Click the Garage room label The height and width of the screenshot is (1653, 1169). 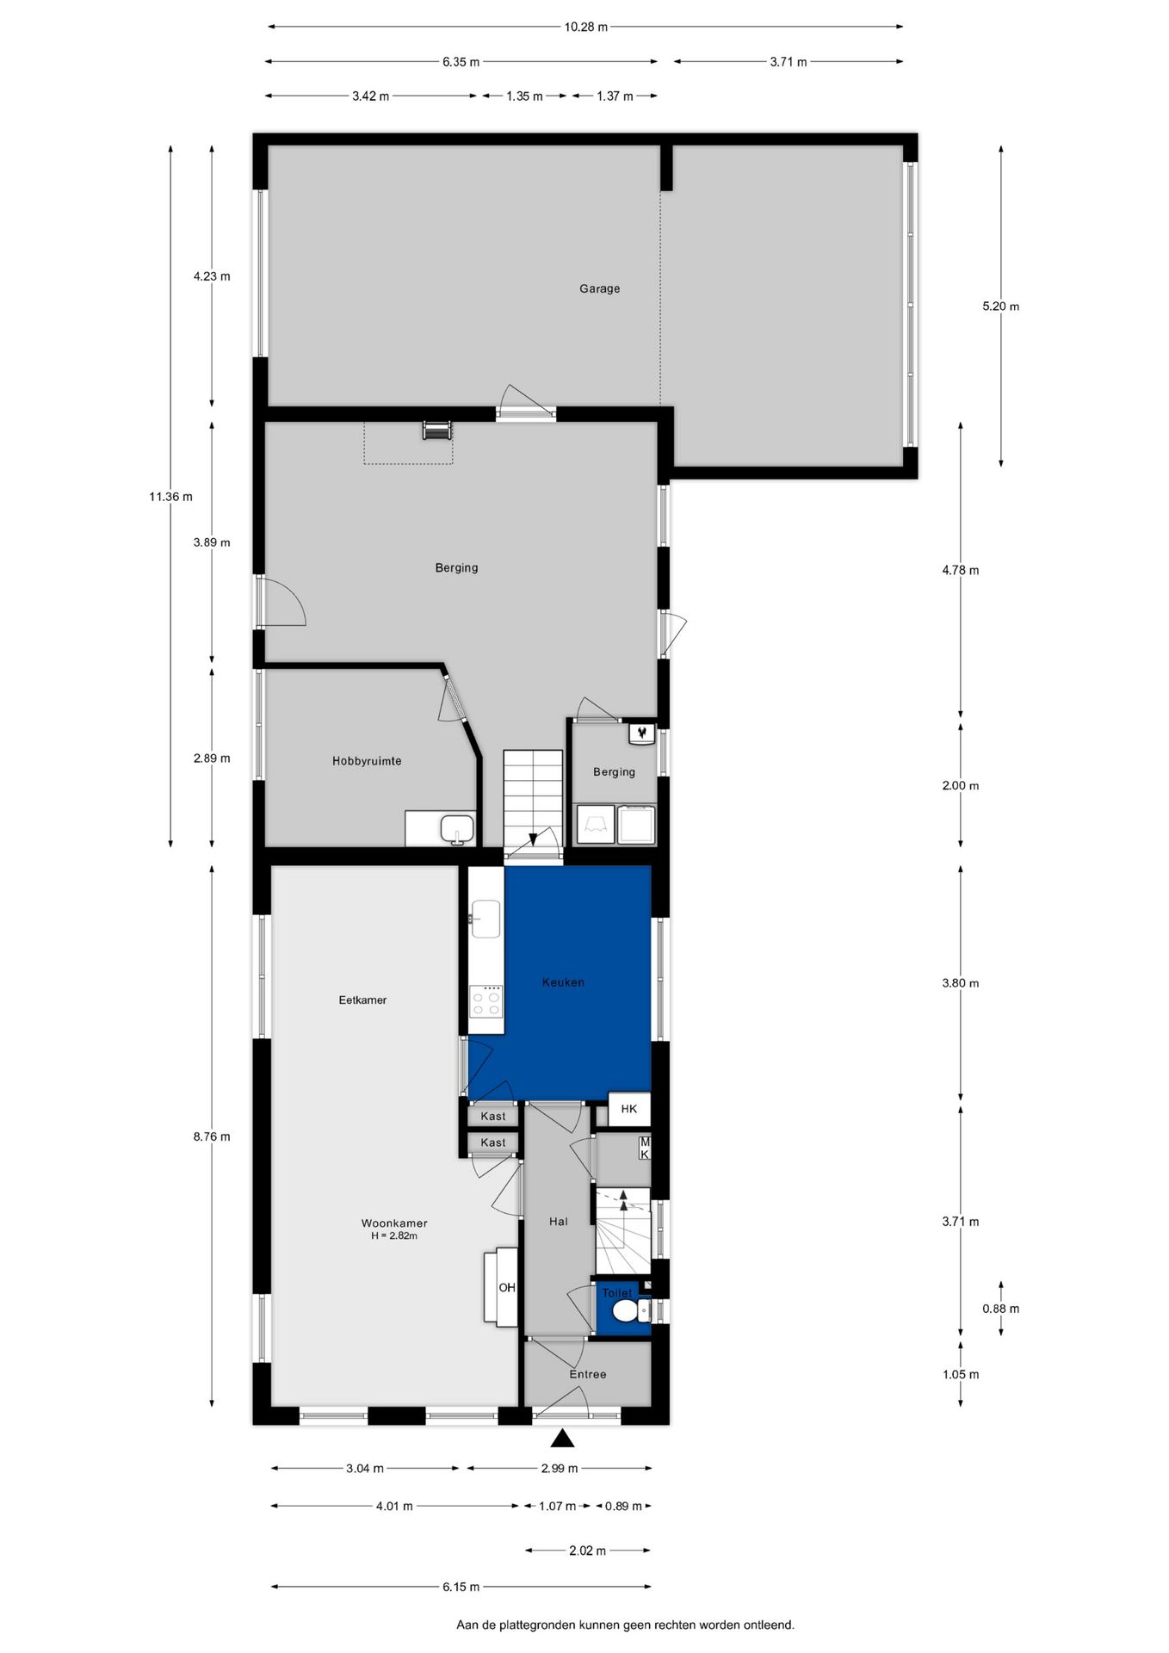click(599, 288)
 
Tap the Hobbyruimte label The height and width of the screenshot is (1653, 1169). click(367, 761)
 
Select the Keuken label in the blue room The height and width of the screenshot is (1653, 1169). click(563, 981)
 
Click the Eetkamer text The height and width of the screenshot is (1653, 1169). click(362, 1000)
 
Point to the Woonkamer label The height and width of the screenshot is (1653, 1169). click(394, 1223)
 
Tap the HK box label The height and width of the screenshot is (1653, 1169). click(629, 1109)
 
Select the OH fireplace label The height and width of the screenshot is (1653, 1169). click(507, 1287)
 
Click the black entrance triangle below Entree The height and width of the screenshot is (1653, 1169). click(562, 1438)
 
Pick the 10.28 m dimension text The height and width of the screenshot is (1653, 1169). click(585, 27)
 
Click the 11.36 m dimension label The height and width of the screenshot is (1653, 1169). click(170, 496)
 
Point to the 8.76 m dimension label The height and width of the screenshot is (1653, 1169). click(212, 1136)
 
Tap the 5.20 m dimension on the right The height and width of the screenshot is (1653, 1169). click(1000, 306)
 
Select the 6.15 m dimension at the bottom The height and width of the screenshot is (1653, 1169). click(461, 1587)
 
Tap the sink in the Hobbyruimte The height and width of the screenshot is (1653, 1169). click(456, 829)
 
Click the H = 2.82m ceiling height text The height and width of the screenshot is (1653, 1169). click(394, 1236)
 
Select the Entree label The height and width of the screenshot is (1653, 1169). click(588, 1374)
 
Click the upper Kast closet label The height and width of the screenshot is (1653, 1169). click(493, 1116)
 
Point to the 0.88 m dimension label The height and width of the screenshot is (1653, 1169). click(1000, 1309)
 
